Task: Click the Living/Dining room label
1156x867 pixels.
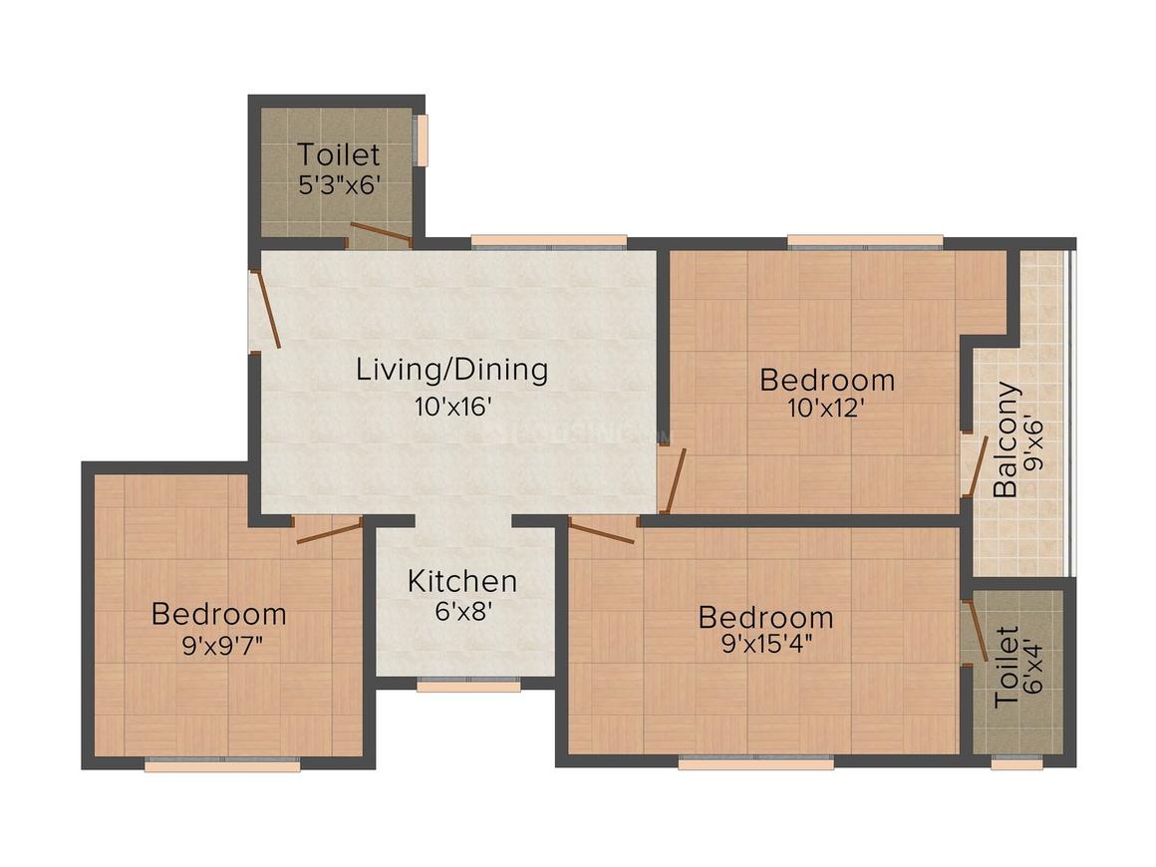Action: (x=452, y=370)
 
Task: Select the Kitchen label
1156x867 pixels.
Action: (x=461, y=581)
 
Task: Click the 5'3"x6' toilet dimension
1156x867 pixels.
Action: (x=339, y=184)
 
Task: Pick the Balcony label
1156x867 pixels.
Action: (x=1007, y=438)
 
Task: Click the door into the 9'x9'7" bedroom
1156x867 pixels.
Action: (x=329, y=531)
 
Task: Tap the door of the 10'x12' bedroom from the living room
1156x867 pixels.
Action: (x=676, y=479)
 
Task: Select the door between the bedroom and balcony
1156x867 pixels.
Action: (x=975, y=466)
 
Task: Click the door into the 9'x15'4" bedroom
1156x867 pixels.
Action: (x=601, y=532)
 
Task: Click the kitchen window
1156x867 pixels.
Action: (x=468, y=686)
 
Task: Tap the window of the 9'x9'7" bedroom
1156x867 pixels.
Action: (x=222, y=765)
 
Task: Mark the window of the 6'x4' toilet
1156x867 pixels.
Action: (x=1016, y=764)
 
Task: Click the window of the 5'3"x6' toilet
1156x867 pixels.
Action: (x=423, y=141)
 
